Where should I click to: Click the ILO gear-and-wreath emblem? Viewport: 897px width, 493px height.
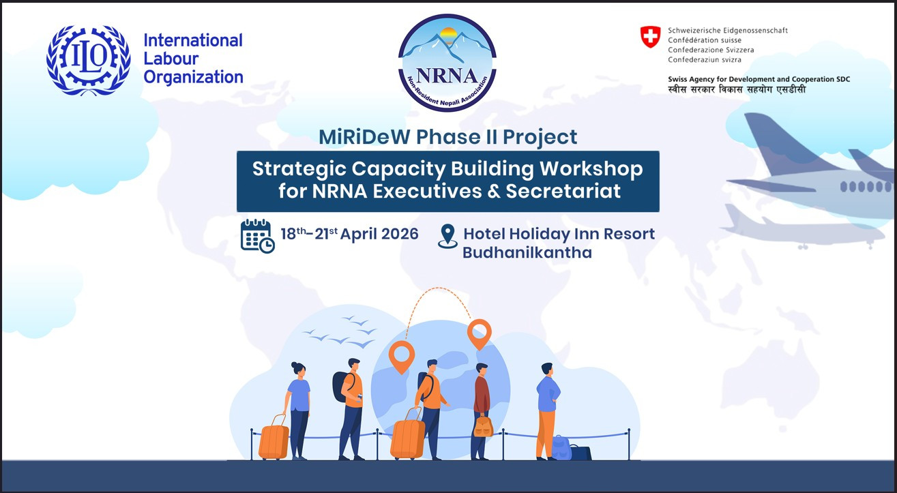pos(88,60)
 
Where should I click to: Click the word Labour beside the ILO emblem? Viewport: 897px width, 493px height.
pos(171,59)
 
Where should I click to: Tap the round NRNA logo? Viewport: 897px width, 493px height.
pos(447,63)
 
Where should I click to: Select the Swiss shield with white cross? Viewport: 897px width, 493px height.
pos(650,37)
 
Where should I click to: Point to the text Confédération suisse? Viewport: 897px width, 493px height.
pos(705,40)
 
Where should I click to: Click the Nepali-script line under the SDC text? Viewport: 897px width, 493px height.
pos(737,89)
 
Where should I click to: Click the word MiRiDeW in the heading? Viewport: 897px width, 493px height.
pos(364,137)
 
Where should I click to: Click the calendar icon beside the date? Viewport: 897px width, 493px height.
pos(257,236)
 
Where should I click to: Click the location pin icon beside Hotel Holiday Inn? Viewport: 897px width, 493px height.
pos(447,236)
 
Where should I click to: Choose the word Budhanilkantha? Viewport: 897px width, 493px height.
pos(527,253)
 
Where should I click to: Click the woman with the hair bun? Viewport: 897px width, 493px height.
pos(298,410)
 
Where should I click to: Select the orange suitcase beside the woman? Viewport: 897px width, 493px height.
pos(274,438)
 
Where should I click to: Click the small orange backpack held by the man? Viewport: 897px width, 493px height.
pos(484,426)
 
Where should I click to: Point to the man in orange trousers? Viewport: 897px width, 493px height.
pos(548,411)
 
